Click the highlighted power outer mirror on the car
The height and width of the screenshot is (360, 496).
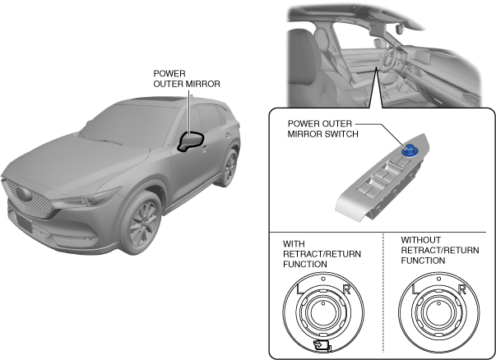[x=192, y=142]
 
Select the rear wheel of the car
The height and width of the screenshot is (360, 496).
[x=229, y=167]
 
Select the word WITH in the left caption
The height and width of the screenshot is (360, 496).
[x=294, y=244]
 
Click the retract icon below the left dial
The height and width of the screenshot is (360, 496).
[x=323, y=348]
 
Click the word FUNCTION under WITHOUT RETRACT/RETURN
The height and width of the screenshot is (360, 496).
[x=423, y=260]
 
